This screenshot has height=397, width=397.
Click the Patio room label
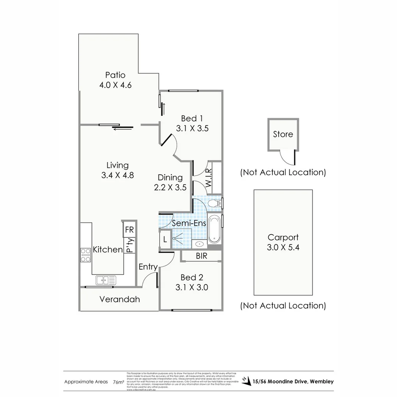click(115, 75)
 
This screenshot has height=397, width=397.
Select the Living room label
click(117, 165)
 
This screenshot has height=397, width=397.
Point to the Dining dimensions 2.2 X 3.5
click(170, 187)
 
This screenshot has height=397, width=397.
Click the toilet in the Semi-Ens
click(214, 203)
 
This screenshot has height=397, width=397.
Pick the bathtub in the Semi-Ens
click(214, 229)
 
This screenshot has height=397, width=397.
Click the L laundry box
click(165, 239)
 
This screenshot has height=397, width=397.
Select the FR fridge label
click(129, 230)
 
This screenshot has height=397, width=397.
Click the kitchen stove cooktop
click(86, 255)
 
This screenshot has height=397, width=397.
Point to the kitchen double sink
click(105, 280)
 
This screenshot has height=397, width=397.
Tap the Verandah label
click(119, 299)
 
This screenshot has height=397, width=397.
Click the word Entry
click(148, 267)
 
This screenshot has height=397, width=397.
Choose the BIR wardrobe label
click(201, 256)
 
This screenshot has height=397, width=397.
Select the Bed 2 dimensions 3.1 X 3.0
click(192, 287)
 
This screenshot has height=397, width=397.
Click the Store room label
click(283, 135)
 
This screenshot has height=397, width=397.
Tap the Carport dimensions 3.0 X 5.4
click(283, 247)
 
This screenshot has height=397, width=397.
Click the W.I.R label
click(208, 178)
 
